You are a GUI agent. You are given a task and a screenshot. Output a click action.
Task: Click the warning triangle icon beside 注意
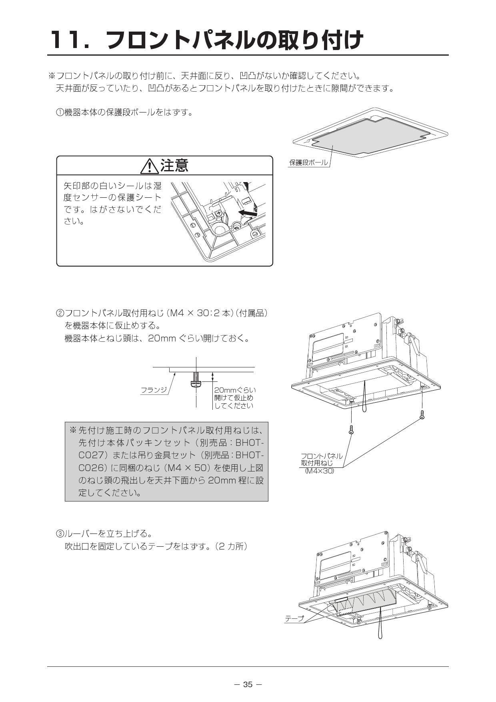pyautogui.click(x=149, y=166)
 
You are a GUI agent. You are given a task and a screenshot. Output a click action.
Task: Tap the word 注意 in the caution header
pyautogui.click(x=174, y=165)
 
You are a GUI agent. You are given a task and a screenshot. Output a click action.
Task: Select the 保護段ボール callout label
pyautogui.click(x=308, y=162)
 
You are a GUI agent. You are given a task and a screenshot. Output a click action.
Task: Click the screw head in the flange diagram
pyautogui.click(x=196, y=385)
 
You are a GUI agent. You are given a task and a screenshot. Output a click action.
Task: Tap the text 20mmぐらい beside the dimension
pyautogui.click(x=235, y=390)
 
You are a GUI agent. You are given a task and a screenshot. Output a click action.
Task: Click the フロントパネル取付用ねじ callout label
pyautogui.click(x=321, y=459)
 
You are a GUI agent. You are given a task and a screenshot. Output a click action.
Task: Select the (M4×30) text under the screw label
pyautogui.click(x=319, y=471)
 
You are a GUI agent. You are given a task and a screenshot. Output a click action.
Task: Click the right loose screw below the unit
pyautogui.click(x=422, y=415)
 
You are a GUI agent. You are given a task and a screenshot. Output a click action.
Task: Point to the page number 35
pyautogui.click(x=248, y=684)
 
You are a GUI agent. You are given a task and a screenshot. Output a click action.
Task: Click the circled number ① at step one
pyautogui.click(x=59, y=112)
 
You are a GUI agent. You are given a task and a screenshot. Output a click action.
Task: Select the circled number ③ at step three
pyautogui.click(x=59, y=534)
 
